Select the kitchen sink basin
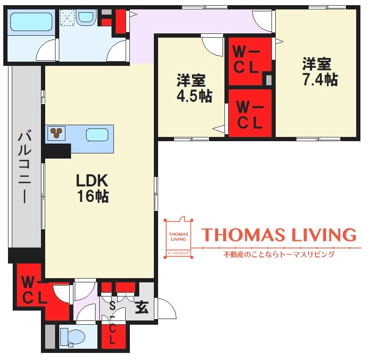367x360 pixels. pos(97,135)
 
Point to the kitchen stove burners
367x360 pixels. pos(56,133)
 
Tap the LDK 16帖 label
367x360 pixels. pos(92,188)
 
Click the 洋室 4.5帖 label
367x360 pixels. pos(194,88)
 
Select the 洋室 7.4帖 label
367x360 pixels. pos(320,72)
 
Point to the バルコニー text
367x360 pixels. pos(24,168)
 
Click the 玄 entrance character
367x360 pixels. pos(142,307)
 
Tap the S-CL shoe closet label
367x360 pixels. pos(112,323)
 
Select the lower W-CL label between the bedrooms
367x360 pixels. pos(249,115)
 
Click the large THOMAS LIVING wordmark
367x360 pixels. pos(279,234)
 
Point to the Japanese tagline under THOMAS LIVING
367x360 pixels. pos(279,254)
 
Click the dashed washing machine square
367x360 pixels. pos(67,17)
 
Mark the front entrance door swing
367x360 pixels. pos(167,309)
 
